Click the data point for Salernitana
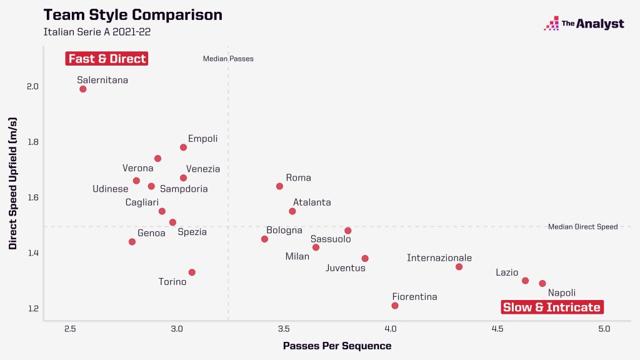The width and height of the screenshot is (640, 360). [x=83, y=89]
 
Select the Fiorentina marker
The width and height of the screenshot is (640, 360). [x=395, y=306]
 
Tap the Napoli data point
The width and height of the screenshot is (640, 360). [x=542, y=284]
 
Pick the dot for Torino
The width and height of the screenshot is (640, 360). [x=192, y=272]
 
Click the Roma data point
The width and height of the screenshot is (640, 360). [x=279, y=186]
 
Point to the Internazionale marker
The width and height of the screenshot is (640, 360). [x=459, y=267]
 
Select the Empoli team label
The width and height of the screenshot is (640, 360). [x=202, y=139]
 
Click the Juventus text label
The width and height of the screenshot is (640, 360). [x=345, y=268]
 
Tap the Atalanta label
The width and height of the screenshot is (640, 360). [x=312, y=202]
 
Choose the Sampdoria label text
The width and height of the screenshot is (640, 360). [x=184, y=189]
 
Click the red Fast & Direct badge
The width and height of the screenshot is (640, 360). [x=107, y=59]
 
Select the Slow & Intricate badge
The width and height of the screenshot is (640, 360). [x=552, y=307]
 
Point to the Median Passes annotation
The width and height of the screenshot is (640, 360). [x=228, y=59]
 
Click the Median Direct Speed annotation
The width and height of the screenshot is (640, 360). [x=582, y=227]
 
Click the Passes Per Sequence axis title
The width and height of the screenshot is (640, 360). [x=337, y=346]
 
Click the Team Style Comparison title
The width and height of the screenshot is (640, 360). [x=132, y=14]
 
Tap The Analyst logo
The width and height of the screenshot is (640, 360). [x=584, y=24]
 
